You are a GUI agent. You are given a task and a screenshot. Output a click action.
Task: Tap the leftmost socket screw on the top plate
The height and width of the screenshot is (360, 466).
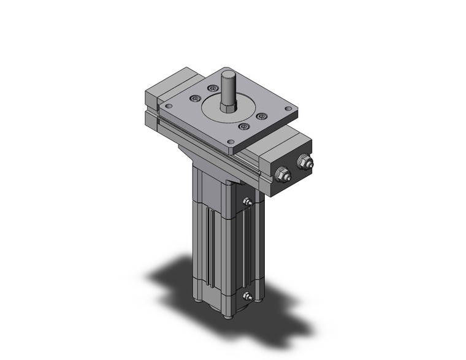coord(195,98)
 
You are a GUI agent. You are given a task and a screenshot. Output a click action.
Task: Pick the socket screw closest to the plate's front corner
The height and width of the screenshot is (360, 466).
coord(244,126)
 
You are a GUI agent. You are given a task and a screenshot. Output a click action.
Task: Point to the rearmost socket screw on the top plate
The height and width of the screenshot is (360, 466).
coord(215,88)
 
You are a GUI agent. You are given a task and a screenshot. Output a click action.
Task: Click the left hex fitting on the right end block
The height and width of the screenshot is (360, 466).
coord(283,174)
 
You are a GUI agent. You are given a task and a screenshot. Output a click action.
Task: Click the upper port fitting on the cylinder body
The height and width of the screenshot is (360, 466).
coord(247,202)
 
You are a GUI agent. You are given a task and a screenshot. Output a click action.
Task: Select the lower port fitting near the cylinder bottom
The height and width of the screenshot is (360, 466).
coord(247,297)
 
